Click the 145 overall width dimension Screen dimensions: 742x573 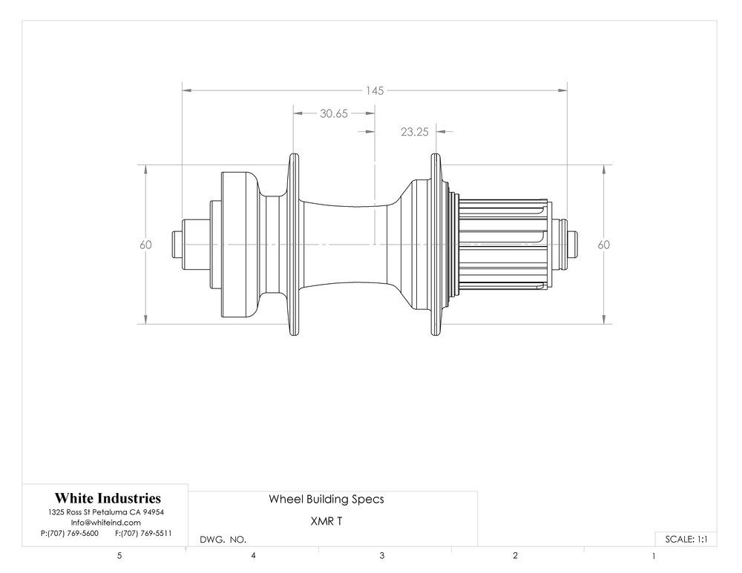(374, 90)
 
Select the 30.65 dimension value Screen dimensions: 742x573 (334, 113)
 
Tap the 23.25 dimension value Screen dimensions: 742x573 (415, 132)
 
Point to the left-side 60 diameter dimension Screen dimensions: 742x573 (145, 245)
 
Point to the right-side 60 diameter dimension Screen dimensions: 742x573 (604, 245)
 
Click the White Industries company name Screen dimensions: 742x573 (108, 498)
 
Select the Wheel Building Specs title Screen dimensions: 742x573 (326, 500)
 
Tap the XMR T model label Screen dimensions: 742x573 (326, 521)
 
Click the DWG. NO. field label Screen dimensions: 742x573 (223, 540)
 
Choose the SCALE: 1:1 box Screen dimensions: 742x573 (686, 539)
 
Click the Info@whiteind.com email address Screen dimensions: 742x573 (106, 523)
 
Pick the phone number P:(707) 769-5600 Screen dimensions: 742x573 (70, 533)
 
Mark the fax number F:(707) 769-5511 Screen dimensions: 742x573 (143, 533)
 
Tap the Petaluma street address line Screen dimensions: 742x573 (106, 512)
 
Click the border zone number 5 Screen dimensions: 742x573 (119, 556)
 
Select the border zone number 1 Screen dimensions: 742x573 (654, 557)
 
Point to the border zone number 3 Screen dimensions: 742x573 (382, 556)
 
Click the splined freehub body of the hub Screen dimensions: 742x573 (505, 245)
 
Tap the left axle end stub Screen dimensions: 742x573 (178, 245)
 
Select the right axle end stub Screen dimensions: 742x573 (572, 245)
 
